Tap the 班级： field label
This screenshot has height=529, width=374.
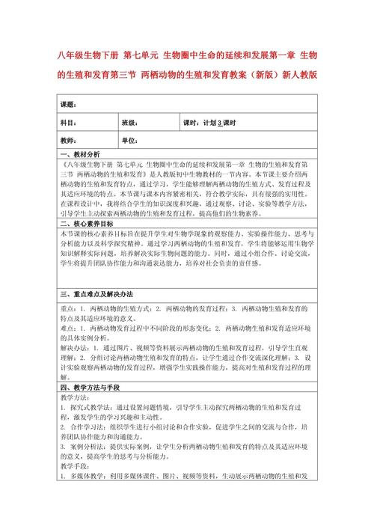pyautogui.click(x=129, y=122)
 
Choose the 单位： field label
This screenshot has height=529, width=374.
pyautogui.click(x=129, y=141)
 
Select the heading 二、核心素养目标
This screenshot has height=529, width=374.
pyautogui.click(x=86, y=224)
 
